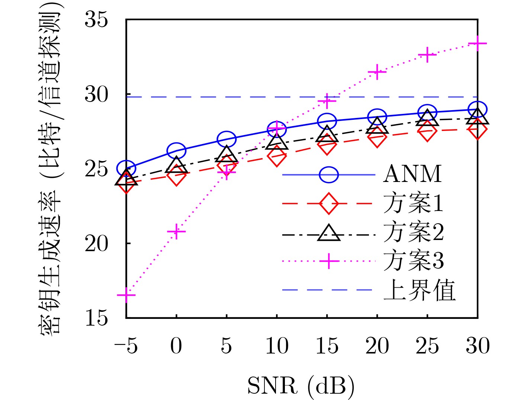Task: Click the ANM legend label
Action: pyautogui.click(x=412, y=174)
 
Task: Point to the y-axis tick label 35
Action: pyautogui.click(x=96, y=19)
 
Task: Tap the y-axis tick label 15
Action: pyautogui.click(x=96, y=318)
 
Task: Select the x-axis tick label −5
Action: pyautogui.click(x=126, y=346)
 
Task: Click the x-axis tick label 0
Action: pyautogui.click(x=176, y=346)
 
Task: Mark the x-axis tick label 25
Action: pyautogui.click(x=427, y=346)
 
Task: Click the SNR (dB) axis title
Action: pyautogui.click(x=301, y=386)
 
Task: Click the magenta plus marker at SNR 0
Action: pyautogui.click(x=176, y=232)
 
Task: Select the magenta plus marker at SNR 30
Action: pyautogui.click(x=478, y=44)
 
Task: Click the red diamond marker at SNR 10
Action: pyautogui.click(x=277, y=156)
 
